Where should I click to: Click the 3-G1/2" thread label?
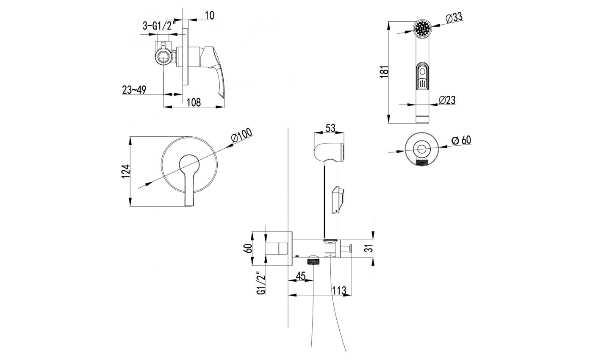pyautogui.click(x=159, y=26)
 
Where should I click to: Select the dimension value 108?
pyautogui.click(x=194, y=102)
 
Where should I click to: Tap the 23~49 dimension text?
pyautogui.click(x=134, y=90)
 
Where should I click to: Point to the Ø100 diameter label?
pyautogui.click(x=241, y=136)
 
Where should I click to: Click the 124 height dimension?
pyautogui.click(x=126, y=171)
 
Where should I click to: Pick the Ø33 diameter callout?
pyautogui.click(x=454, y=18)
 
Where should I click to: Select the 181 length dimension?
pyautogui.click(x=384, y=72)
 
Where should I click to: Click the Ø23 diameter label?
pyautogui.click(x=447, y=100)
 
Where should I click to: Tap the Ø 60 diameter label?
pyautogui.click(x=461, y=140)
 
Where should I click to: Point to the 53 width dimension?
pyautogui.click(x=330, y=128)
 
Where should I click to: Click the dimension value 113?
pyautogui.click(x=339, y=290)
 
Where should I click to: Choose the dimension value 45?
pyautogui.click(x=300, y=276)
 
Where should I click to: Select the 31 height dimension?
pyautogui.click(x=369, y=248)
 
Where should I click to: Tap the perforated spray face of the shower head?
pyautogui.click(x=422, y=28)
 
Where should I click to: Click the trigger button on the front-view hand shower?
pyautogui.click(x=423, y=76)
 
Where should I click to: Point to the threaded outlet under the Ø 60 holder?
pyautogui.click(x=422, y=162)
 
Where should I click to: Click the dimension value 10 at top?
pyautogui.click(x=209, y=15)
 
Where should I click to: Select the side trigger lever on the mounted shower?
pyautogui.click(x=338, y=199)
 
